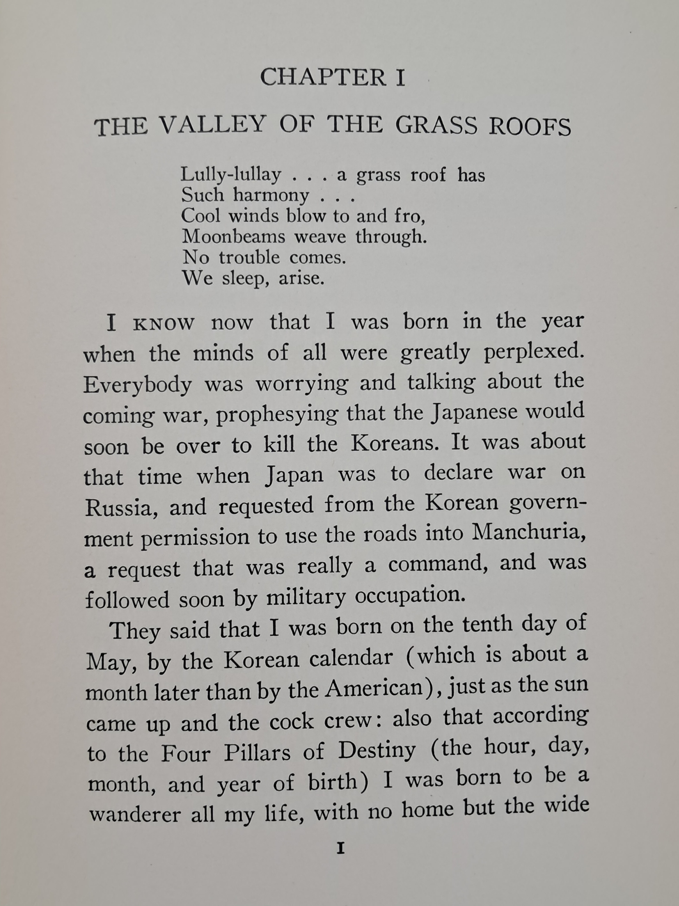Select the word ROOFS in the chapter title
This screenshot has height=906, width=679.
pyautogui.click(x=530, y=127)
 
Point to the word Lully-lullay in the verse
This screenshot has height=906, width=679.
pyautogui.click(x=231, y=175)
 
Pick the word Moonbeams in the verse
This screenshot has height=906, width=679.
pyautogui.click(x=233, y=237)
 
